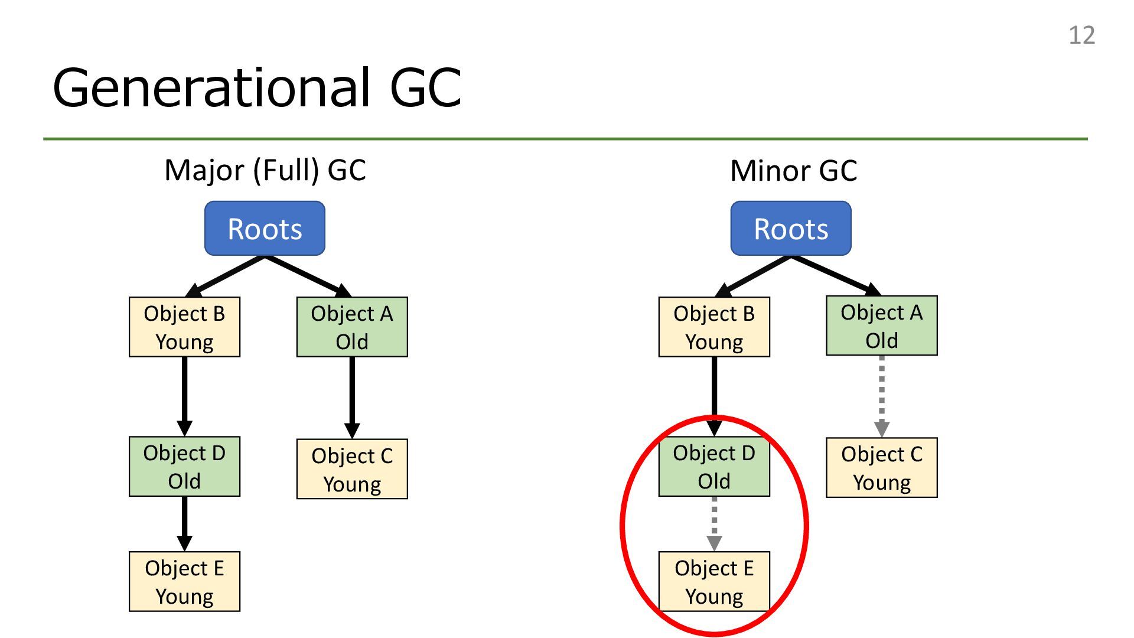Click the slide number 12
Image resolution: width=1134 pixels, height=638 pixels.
click(x=1081, y=35)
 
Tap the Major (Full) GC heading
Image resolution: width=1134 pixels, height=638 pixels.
click(x=265, y=170)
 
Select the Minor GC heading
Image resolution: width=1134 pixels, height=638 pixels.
click(x=793, y=171)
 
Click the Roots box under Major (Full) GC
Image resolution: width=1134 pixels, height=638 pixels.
click(x=265, y=228)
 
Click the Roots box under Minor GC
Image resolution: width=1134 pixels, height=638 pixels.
click(x=791, y=228)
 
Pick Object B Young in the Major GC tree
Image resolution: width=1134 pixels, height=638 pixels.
click(x=184, y=327)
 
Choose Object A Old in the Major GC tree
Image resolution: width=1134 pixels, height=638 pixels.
click(x=352, y=327)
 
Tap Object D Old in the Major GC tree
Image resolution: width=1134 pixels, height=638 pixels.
click(x=184, y=466)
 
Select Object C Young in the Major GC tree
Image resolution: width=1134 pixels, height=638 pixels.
click(x=352, y=469)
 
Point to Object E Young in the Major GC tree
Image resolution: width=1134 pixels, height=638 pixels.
click(x=184, y=581)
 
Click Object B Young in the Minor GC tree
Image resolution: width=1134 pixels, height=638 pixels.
click(x=714, y=327)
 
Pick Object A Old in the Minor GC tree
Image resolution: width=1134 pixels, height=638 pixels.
click(x=882, y=325)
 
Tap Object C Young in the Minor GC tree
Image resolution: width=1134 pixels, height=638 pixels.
click(x=882, y=468)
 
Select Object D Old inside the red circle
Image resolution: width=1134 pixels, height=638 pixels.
click(x=714, y=466)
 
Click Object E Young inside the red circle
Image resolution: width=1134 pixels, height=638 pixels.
click(x=714, y=581)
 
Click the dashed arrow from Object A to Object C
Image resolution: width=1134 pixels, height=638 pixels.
click(x=882, y=396)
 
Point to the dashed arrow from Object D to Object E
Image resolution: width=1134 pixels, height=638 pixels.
click(x=714, y=524)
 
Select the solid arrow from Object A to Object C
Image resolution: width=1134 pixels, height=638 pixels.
click(x=352, y=398)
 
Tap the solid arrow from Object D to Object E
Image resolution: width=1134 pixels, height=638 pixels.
click(x=184, y=524)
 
